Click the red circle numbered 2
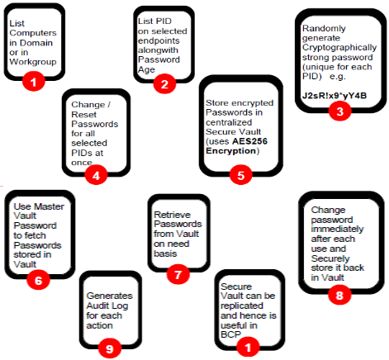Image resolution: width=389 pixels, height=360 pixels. point(164,83)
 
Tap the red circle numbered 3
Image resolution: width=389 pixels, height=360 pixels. point(339,111)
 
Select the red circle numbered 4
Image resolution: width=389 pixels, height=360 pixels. point(96,175)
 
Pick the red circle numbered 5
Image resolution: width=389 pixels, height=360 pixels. point(240,175)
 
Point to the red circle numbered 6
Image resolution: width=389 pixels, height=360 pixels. point(38,280)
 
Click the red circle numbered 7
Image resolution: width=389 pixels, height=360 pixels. point(178,274)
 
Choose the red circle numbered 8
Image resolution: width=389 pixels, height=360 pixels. point(339,295)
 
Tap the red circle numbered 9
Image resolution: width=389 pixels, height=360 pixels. point(110,348)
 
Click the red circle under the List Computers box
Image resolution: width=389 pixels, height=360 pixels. point(33,82)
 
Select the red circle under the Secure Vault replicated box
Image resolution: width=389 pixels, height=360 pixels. point(248,347)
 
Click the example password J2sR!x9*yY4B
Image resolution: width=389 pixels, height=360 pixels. point(334,96)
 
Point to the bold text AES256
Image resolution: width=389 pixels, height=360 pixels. point(249,141)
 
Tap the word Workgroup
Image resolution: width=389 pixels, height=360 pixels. point(33,62)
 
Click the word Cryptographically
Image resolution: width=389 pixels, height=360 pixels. point(339,47)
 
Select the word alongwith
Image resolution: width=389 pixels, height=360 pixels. point(158,50)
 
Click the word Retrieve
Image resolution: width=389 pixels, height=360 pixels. point(172,215)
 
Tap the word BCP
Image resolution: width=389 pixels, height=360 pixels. point(230,334)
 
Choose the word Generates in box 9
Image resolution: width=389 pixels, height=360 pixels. point(109,296)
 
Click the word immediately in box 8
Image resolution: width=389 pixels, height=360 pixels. point(337,229)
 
